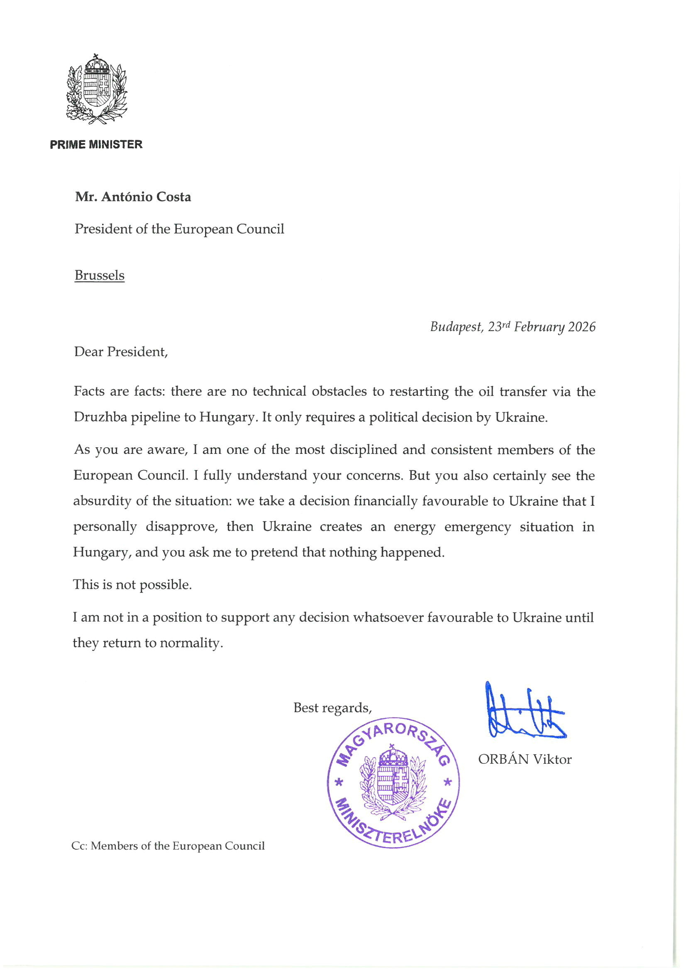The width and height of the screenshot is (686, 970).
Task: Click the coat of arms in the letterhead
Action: [97, 89]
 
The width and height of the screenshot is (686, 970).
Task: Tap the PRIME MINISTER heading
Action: [96, 144]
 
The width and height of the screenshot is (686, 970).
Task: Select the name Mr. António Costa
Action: [133, 197]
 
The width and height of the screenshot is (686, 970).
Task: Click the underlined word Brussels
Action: [99, 275]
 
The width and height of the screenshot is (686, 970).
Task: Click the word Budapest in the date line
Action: [456, 327]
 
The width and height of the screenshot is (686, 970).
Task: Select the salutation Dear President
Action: [121, 352]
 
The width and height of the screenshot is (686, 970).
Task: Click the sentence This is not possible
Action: [132, 584]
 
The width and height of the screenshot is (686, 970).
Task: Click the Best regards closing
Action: [333, 708]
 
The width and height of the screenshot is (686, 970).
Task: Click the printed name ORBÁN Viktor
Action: [525, 759]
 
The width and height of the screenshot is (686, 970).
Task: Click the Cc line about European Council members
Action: [168, 846]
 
